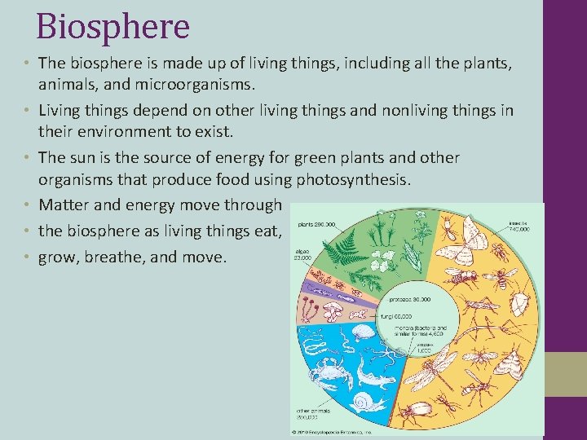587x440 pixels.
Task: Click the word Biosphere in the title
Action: pyautogui.click(x=113, y=26)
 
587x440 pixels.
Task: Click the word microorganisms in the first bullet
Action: pyautogui.click(x=205, y=84)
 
